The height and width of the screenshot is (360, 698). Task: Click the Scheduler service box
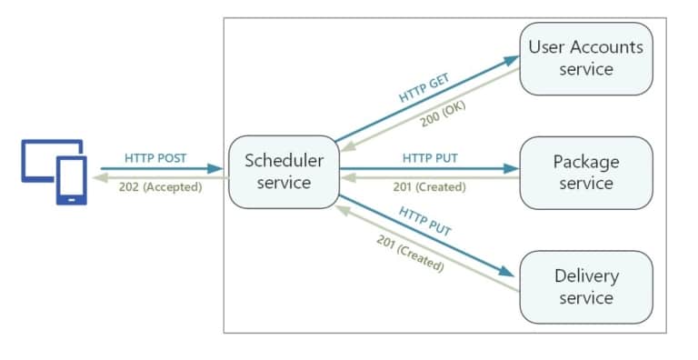283,172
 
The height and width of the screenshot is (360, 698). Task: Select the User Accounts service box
585,57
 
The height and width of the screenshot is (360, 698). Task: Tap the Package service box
585,173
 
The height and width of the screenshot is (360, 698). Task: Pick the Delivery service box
585,286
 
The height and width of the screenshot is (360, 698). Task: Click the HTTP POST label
155,158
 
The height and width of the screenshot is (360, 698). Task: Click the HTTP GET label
424,86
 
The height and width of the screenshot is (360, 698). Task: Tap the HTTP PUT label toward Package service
430,158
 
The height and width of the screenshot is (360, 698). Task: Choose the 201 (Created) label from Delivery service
409,254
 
